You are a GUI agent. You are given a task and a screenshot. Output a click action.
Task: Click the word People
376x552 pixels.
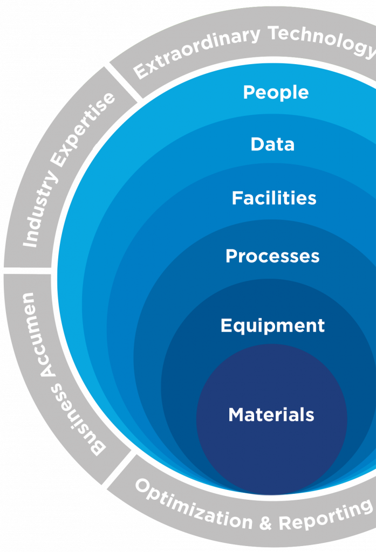click(276, 93)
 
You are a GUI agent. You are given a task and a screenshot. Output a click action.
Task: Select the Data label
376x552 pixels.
click(272, 144)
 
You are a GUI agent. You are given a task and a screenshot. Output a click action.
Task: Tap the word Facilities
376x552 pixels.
click(274, 198)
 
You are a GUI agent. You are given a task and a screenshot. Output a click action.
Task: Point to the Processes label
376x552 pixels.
click(272, 256)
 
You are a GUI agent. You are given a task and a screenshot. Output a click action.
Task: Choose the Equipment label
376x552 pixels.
click(272, 326)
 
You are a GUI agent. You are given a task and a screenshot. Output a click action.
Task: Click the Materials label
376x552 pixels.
click(271, 415)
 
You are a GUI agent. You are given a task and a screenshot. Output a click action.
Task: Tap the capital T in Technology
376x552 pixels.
click(276, 33)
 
